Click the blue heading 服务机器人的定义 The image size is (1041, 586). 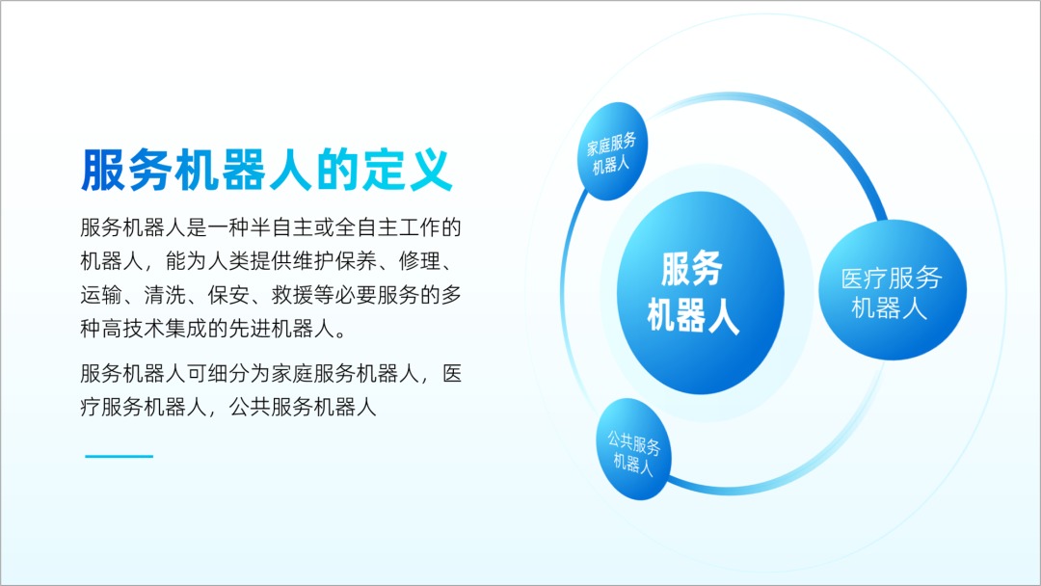[x=267, y=171]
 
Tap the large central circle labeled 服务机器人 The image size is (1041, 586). [x=701, y=293]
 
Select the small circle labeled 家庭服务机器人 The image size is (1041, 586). [x=612, y=151]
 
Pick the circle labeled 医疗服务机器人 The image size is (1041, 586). [x=893, y=290]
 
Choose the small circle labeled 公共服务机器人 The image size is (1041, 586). [x=633, y=449]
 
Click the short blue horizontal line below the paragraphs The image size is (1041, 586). [x=119, y=457]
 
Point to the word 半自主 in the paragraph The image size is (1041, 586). [x=281, y=227]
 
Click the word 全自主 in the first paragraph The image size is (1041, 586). [x=366, y=227]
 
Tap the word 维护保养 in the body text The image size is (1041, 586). [x=334, y=261]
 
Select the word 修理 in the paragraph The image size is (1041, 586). [x=419, y=261]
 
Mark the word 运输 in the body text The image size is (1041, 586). [x=101, y=295]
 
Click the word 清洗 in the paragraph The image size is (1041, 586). [x=165, y=295]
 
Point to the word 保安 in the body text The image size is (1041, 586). [x=228, y=295]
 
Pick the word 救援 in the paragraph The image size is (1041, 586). [x=292, y=295]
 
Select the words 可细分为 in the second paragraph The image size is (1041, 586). [x=228, y=374]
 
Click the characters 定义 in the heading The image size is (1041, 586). [x=408, y=171]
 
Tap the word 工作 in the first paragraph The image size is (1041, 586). [x=419, y=227]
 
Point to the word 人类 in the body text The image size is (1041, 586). [x=228, y=261]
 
